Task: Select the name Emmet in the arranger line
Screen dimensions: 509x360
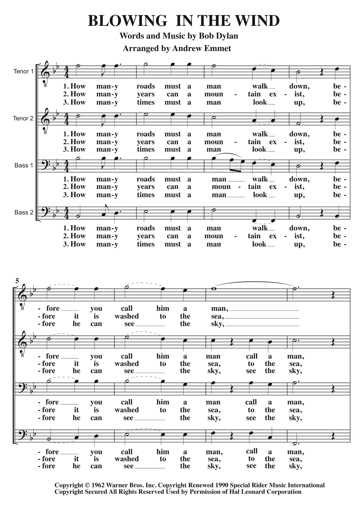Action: coord(218,48)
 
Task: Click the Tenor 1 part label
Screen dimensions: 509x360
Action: coord(24,71)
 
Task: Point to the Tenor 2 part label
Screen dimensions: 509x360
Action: coord(24,118)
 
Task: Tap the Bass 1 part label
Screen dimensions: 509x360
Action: coord(24,165)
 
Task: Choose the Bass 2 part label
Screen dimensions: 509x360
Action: coord(24,212)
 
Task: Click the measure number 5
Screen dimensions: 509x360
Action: coord(17,280)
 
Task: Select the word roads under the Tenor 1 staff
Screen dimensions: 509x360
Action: coord(146,86)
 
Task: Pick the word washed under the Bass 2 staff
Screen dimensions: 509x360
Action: coord(126,459)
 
